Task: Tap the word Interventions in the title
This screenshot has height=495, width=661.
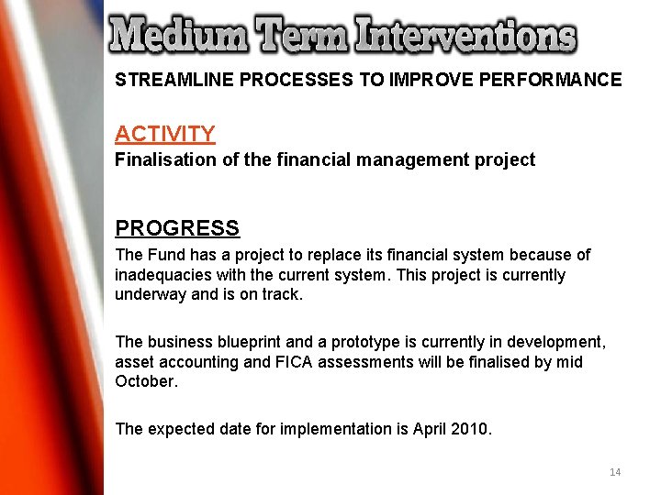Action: (466, 36)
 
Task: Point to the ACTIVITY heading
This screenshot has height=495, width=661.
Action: (165, 134)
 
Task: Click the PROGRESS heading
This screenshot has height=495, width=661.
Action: (177, 228)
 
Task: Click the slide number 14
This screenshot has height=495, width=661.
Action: (615, 472)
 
